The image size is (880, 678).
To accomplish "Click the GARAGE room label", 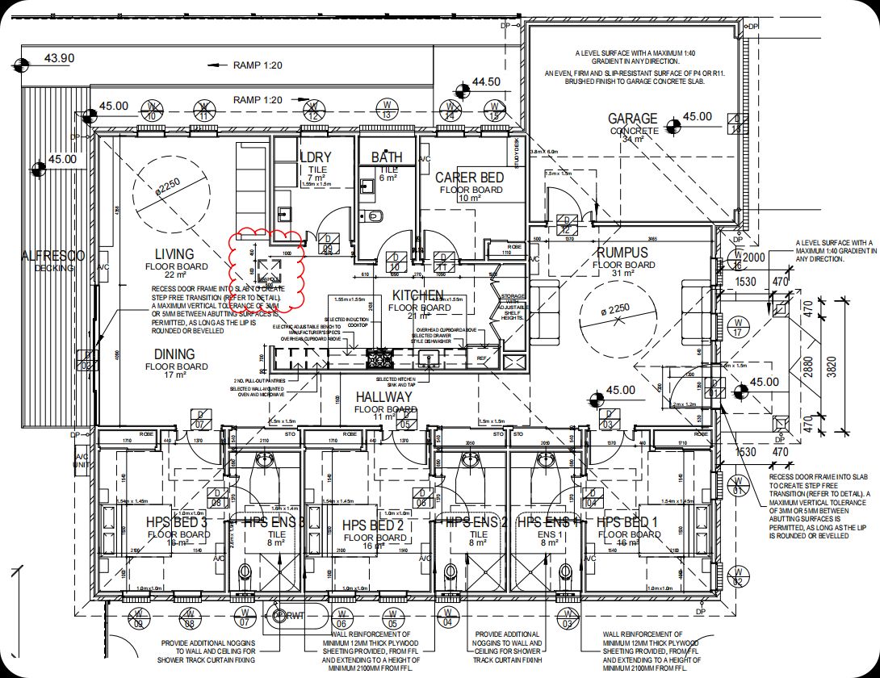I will click(632, 119).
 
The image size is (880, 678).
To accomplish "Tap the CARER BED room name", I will click(469, 178).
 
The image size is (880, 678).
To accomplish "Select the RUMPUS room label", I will click(623, 253).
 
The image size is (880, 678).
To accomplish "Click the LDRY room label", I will click(315, 157).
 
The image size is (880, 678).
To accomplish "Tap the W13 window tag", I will click(388, 110).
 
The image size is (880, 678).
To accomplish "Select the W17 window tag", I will click(736, 327).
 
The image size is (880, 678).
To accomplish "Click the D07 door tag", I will click(200, 418).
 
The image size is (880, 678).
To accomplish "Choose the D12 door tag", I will click(565, 224).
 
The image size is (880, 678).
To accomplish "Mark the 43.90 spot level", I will click(59, 58).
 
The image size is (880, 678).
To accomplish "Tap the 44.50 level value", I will click(486, 82).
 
